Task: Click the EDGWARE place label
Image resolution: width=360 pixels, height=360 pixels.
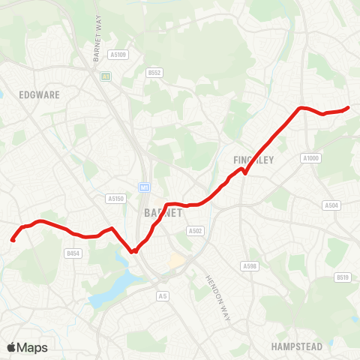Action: tap(54, 95)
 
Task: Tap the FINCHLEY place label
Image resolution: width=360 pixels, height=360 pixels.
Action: tap(253, 160)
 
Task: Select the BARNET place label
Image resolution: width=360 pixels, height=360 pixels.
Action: tap(163, 213)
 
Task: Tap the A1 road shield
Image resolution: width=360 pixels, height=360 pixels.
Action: tap(106, 76)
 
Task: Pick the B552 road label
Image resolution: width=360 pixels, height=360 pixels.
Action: tap(154, 73)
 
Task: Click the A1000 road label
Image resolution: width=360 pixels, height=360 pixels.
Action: tap(311, 158)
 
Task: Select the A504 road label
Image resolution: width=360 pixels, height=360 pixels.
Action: tap(331, 205)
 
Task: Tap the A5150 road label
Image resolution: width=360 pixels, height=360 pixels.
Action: tap(114, 199)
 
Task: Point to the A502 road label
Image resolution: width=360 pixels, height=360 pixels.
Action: tap(196, 231)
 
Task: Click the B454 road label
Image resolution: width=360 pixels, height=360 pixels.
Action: tap(73, 254)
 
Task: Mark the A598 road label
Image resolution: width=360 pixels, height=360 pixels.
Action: tap(250, 266)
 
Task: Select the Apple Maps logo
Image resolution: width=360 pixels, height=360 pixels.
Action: tap(28, 347)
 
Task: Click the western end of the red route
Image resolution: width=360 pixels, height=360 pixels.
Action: tap(13, 240)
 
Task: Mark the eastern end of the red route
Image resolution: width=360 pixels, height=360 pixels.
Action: tap(349, 107)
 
